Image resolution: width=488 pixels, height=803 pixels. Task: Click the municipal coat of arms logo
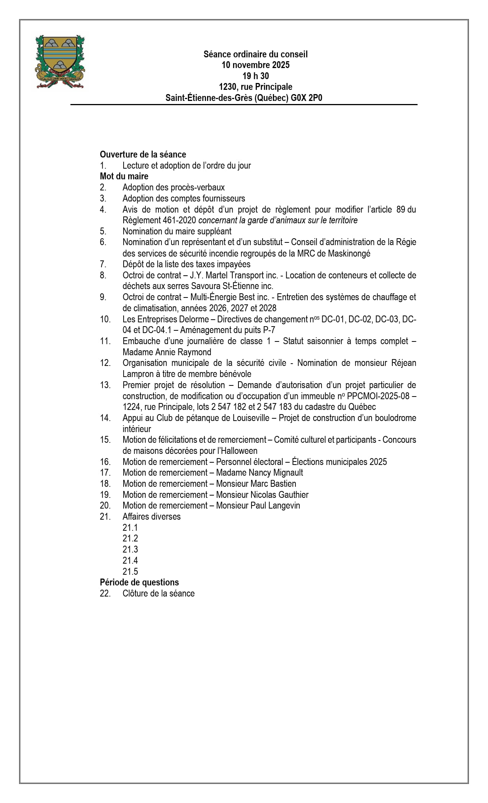60,62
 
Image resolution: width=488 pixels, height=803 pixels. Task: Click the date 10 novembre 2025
255,65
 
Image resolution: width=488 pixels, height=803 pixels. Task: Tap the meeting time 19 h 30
255,76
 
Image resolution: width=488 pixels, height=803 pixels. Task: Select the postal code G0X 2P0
306,98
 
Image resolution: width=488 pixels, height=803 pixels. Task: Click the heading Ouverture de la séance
143,154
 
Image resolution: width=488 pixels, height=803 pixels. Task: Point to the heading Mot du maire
124,176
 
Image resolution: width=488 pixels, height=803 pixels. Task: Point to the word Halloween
238,451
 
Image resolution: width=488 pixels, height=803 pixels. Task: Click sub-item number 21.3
130,549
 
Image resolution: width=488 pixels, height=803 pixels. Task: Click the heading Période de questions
139,582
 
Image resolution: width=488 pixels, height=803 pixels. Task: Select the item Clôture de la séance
158,593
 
